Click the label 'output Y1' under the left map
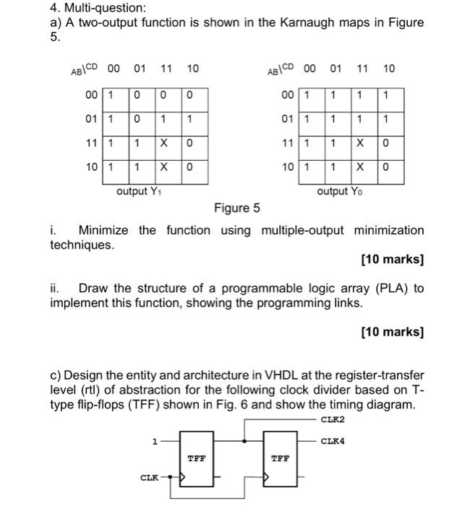pyautogui.click(x=137, y=191)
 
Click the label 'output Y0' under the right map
pyautogui.click(x=337, y=191)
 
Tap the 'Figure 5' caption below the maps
pyautogui.click(x=236, y=209)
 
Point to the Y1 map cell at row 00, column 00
pyautogui.click(x=110, y=95)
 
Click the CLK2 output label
pyautogui.click(x=333, y=419)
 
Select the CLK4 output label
pyautogui.click(x=333, y=440)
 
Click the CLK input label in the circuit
pyautogui.click(x=149, y=477)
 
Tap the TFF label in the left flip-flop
pyautogui.click(x=195, y=458)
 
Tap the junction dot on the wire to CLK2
pyautogui.click(x=247, y=440)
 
